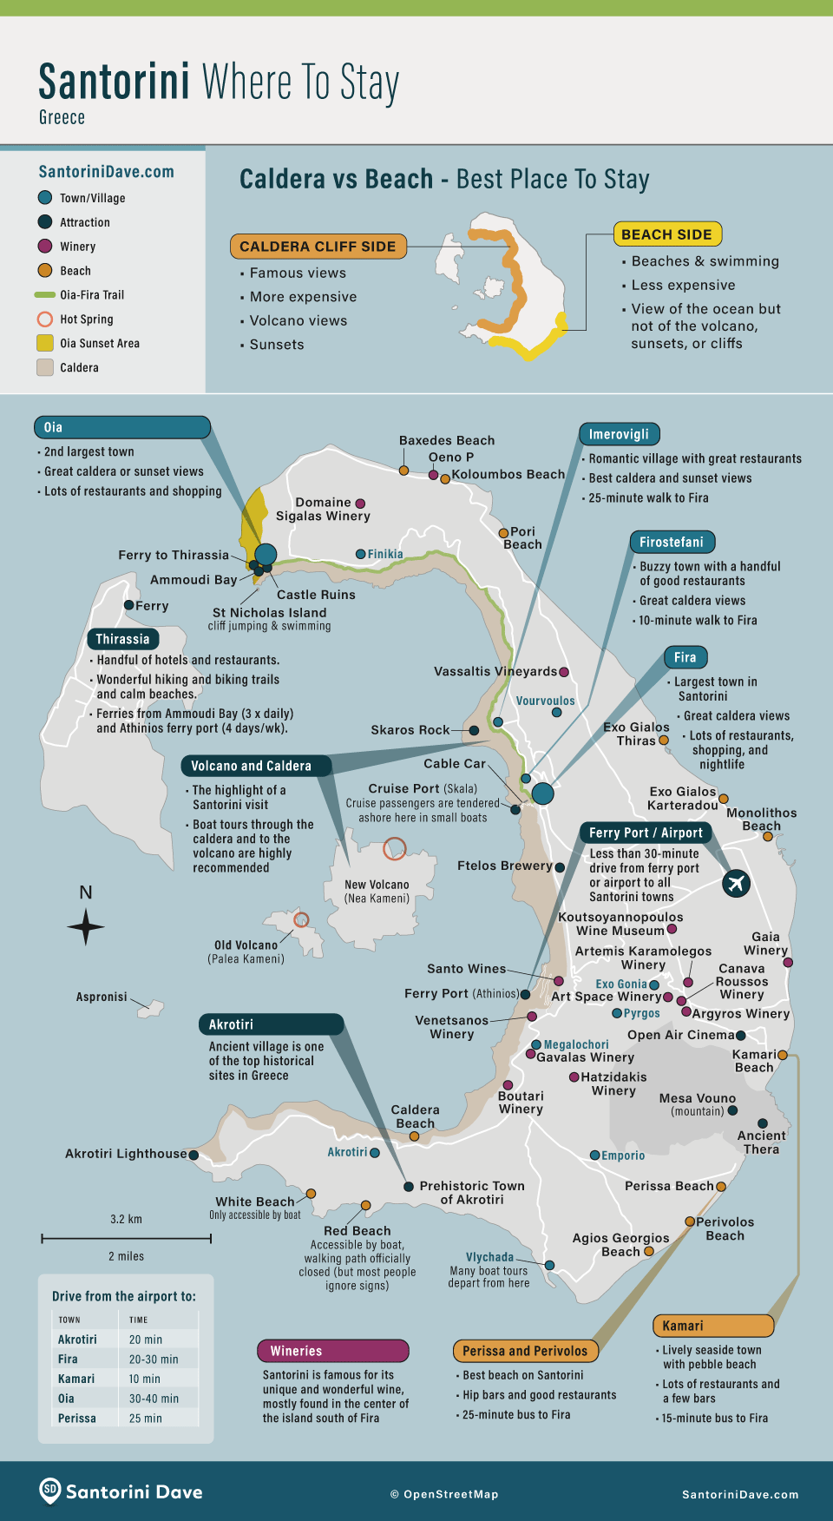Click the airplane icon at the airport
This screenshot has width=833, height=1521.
(x=736, y=884)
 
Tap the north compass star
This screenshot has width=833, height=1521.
(x=86, y=926)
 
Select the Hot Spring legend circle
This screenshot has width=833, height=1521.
(x=45, y=319)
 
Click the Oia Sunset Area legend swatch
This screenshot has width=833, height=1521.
(x=45, y=343)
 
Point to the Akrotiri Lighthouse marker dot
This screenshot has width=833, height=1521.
(x=193, y=1155)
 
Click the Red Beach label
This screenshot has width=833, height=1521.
(x=357, y=1230)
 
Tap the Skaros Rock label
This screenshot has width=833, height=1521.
(x=410, y=730)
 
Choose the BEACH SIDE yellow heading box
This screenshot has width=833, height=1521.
(x=666, y=234)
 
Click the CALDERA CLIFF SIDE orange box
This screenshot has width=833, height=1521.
(x=318, y=247)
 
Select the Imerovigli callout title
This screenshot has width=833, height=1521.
(x=619, y=434)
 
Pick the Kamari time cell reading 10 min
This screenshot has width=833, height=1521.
(x=145, y=1379)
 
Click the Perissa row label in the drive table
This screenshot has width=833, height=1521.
(x=77, y=1419)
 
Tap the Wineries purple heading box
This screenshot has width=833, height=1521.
(x=332, y=1351)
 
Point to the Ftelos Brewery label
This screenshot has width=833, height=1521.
(x=504, y=866)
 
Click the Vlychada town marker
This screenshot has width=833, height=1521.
(x=549, y=1265)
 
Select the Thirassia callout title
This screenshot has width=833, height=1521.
(x=122, y=639)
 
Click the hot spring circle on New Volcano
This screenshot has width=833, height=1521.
(x=395, y=847)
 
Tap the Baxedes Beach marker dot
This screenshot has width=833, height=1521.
(x=403, y=471)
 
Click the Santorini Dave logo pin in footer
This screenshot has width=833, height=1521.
(x=50, y=1490)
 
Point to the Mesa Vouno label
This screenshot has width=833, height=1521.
(x=697, y=1098)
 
